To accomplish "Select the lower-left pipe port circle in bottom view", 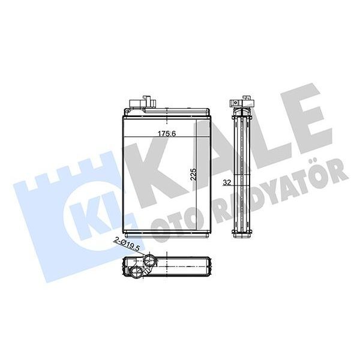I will (x=137, y=274).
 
